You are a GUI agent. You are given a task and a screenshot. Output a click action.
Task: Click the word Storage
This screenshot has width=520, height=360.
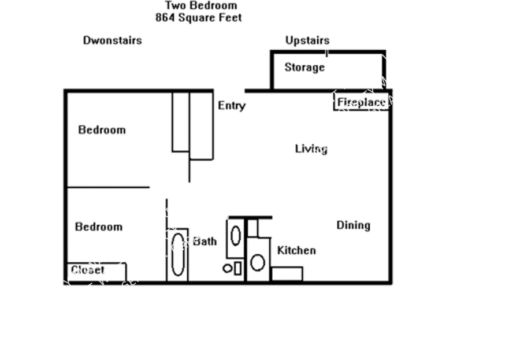coord(304,68)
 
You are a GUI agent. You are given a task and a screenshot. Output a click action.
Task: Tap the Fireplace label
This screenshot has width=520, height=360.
coord(362,102)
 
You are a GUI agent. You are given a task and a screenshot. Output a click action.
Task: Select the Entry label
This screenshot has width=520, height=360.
coord(232,106)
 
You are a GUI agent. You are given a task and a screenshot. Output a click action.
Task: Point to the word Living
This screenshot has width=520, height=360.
coord(311,149)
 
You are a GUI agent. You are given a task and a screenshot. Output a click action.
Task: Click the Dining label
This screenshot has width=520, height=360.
coord(354,225)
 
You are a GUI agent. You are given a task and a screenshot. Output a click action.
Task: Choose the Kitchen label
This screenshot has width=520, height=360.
coord(296,251)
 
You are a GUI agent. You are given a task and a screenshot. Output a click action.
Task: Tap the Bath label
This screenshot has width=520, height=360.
coord(205,241)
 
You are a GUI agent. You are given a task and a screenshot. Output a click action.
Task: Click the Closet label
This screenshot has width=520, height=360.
coord(88,270)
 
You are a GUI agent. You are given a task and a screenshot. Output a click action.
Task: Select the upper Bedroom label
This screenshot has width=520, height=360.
coord(102,130)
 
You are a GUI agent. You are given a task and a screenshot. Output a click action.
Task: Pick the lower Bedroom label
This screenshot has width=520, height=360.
coord(99,227)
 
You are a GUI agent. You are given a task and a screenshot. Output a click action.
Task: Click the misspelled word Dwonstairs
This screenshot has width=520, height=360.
coord(113,40)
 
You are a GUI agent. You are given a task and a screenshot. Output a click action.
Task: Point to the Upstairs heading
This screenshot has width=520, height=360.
coord(307,40)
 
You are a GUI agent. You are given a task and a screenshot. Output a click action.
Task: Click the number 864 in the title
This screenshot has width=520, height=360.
coord(165,17)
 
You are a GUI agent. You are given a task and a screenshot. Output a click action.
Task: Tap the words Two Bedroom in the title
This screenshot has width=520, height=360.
coord(201,5)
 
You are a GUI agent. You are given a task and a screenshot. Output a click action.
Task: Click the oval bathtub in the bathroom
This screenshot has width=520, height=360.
coord(178,254)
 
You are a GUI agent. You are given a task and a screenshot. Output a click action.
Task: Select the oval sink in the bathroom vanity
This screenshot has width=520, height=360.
coord(236,236)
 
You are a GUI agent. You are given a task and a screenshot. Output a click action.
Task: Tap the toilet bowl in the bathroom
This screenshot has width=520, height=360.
coord(228,268)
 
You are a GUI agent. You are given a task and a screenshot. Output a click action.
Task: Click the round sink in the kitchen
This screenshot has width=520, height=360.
coord(258,262)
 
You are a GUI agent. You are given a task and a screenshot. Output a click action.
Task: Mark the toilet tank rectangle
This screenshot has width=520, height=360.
coord(238,268)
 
